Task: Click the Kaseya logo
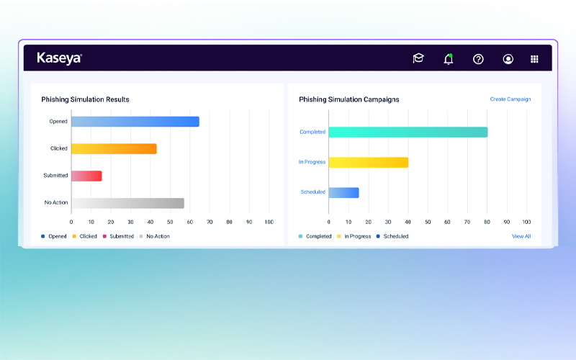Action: point(59,58)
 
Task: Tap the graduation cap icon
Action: point(418,59)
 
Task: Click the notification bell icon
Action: point(449,59)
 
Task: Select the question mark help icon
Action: point(478,59)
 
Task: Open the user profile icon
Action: point(508,59)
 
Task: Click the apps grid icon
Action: point(534,59)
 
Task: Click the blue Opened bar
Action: point(135,122)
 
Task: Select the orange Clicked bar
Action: point(114,148)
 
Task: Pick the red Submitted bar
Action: point(86,176)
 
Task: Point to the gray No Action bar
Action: point(127,203)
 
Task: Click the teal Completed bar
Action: point(408,132)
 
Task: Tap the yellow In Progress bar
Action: point(368,162)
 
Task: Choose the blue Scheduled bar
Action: point(343,192)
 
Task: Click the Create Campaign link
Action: point(510,99)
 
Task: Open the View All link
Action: point(521,236)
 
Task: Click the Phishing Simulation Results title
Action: point(85,99)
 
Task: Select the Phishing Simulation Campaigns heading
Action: point(348,99)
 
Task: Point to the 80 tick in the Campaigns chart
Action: point(487,222)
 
